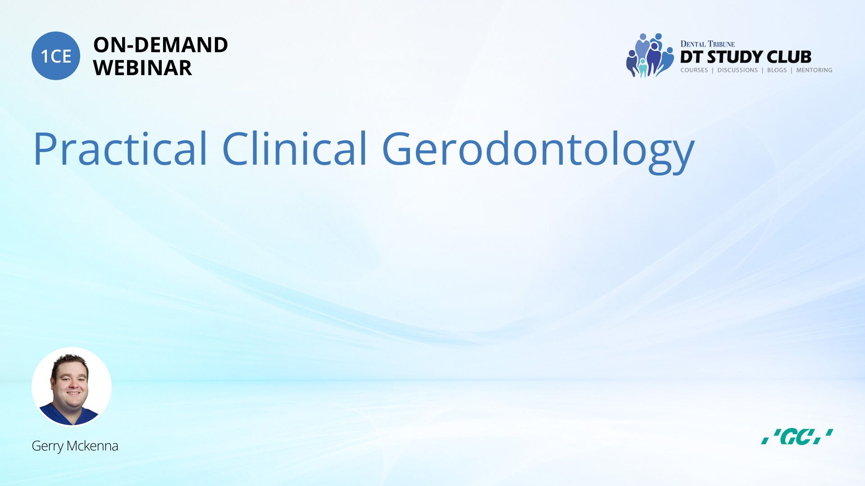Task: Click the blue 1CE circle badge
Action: point(56,56)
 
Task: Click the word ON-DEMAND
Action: point(160,45)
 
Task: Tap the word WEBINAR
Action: point(142,68)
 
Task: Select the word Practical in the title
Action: point(120,148)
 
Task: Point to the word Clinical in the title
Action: point(295,148)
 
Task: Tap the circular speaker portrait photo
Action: point(72,387)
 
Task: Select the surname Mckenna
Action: point(92,445)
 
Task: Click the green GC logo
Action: point(797,436)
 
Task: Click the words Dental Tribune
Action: point(707,44)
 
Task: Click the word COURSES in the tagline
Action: point(694,70)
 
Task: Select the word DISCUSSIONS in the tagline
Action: point(738,70)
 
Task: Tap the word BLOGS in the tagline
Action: point(777,70)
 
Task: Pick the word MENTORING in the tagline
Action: point(814,70)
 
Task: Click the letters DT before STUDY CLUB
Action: point(692,57)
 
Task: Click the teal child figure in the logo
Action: point(643,67)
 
